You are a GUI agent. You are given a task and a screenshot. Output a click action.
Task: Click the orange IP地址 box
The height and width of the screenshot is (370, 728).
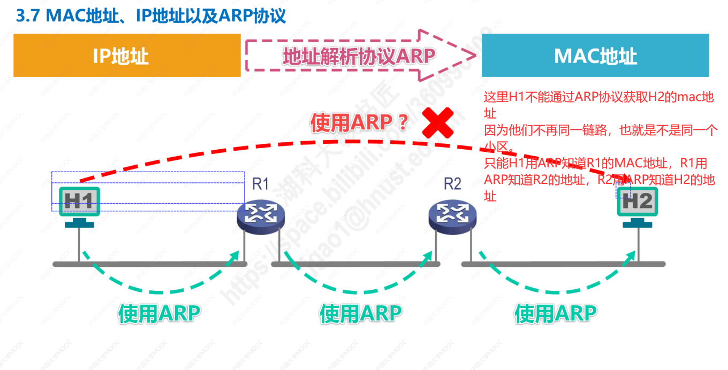[127, 56]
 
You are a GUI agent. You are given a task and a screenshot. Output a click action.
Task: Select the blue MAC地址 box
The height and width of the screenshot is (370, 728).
[595, 56]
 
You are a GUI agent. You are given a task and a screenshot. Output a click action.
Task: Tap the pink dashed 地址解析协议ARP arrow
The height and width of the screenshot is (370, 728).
[359, 56]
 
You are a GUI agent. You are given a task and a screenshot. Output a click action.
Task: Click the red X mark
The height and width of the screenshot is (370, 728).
[437, 122]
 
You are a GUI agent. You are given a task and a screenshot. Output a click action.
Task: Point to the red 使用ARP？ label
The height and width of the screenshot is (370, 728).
[359, 124]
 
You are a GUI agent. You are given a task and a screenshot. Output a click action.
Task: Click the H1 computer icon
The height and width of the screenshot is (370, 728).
[79, 206]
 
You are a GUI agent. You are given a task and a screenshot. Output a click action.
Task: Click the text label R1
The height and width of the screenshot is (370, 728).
[260, 184]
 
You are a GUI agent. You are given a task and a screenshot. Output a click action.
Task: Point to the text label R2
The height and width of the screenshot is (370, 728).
[452, 184]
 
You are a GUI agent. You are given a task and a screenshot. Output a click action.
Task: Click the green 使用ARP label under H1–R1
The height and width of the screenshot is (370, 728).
[159, 313]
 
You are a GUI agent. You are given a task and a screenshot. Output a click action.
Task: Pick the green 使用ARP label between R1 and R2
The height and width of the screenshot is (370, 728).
[360, 313]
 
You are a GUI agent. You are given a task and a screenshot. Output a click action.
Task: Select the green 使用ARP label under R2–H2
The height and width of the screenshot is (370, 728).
[555, 313]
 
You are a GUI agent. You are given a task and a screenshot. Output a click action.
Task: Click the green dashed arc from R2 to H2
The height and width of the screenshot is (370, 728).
[557, 291]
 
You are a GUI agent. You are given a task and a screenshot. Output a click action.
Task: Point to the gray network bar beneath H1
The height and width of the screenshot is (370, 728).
[150, 264]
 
